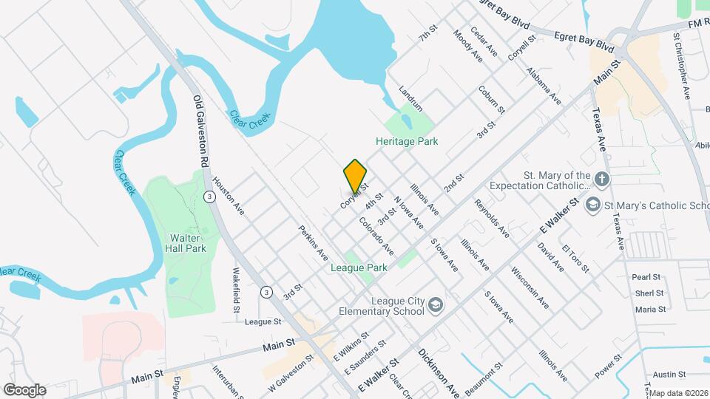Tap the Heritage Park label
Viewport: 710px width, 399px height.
[407, 141]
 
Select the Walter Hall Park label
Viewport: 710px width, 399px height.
[186, 243]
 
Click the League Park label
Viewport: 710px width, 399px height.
[359, 267]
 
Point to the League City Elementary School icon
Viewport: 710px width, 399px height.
[436, 304]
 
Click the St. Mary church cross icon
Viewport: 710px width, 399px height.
[603, 179]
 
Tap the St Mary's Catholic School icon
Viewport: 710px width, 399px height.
[592, 204]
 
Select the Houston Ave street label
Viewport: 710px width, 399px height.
[229, 197]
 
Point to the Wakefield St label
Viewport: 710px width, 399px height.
[237, 290]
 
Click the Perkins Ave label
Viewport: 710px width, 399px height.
[314, 244]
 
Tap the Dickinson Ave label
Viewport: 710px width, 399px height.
[440, 372]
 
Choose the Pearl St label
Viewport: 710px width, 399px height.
[646, 277]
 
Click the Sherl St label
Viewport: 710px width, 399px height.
[649, 293]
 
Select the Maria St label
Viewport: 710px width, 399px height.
[650, 309]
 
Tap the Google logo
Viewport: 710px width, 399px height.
[25, 389]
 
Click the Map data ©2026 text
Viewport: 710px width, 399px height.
[678, 393]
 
